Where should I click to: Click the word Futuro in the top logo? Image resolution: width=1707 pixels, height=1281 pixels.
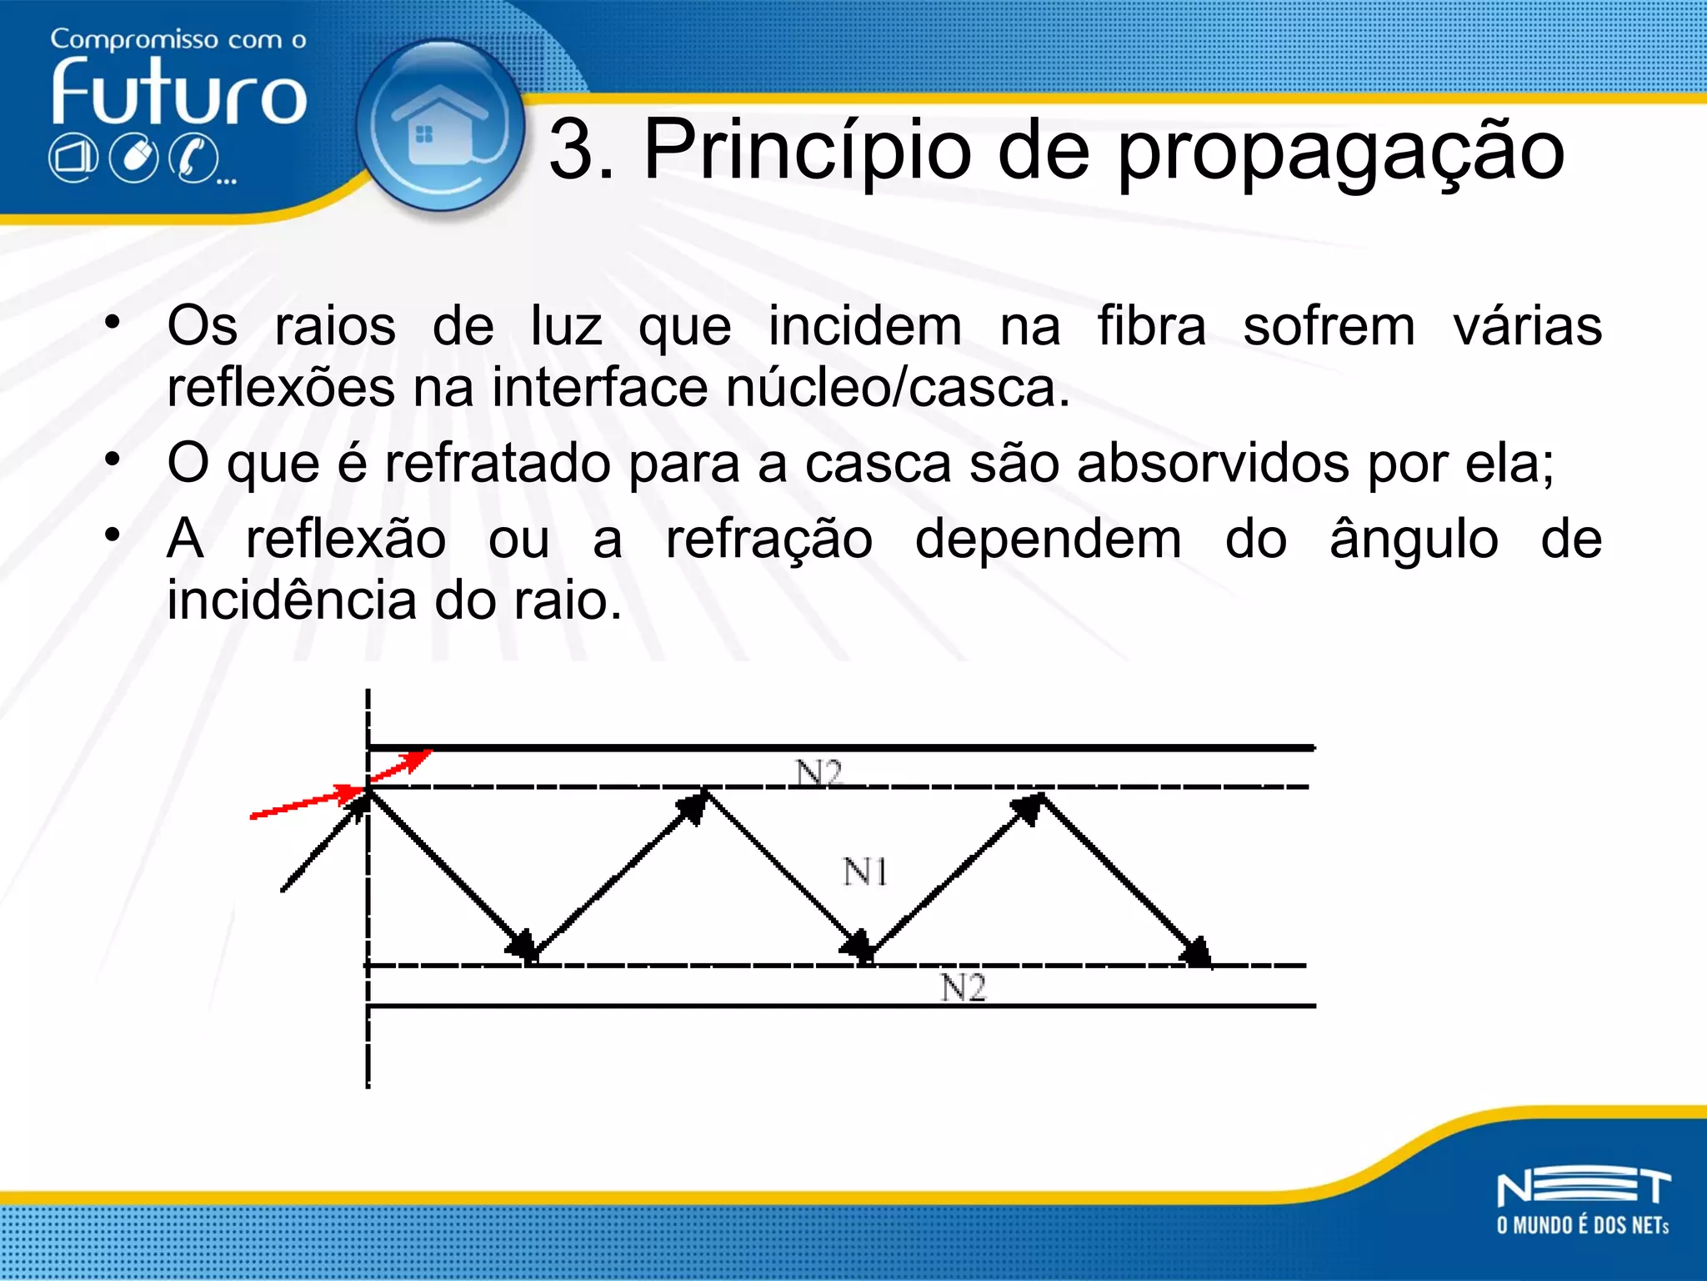[179, 93]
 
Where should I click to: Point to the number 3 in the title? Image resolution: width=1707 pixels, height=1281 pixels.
[570, 150]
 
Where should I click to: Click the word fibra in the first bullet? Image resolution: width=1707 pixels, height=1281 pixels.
[1151, 325]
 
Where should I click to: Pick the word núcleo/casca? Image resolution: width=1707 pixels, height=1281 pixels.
[898, 389]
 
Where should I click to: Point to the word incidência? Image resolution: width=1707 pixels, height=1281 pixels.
[292, 600]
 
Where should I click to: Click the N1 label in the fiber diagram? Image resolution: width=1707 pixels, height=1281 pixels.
[864, 872]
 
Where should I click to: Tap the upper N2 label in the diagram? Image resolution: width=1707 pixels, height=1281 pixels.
[818, 773]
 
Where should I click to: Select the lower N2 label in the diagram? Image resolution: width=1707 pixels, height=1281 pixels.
[963, 988]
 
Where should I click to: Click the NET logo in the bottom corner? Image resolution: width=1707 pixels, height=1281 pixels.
[1583, 1188]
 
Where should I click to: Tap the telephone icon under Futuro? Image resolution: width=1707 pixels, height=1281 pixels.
[194, 158]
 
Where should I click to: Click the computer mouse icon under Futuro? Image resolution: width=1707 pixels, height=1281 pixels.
[135, 158]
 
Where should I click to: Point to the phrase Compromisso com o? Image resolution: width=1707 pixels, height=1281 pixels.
[178, 39]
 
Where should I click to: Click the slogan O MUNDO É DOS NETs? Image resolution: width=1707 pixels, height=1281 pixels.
[1583, 1225]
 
